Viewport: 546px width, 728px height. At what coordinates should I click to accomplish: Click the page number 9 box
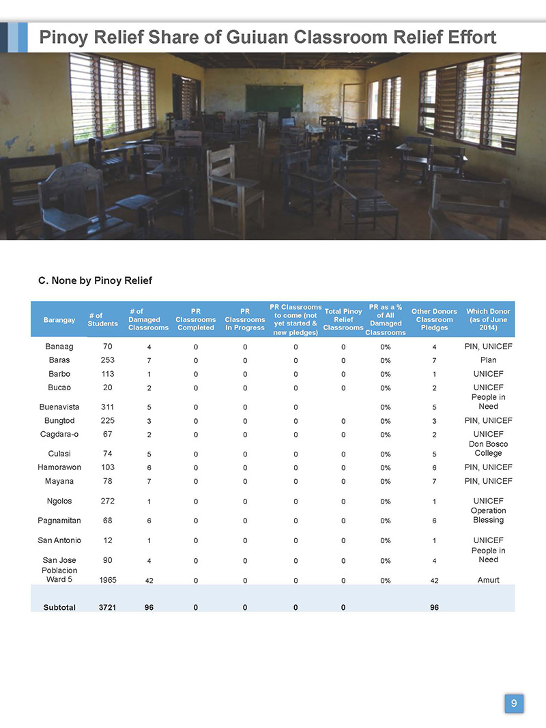click(514, 703)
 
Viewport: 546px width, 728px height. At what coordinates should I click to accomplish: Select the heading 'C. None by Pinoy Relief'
click(95, 280)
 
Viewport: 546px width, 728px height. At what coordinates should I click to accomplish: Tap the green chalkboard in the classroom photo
click(274, 98)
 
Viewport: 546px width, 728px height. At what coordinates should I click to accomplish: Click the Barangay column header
click(59, 319)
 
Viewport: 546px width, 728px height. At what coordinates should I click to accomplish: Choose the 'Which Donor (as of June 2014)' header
click(488, 319)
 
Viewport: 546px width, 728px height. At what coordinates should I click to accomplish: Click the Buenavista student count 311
click(106, 407)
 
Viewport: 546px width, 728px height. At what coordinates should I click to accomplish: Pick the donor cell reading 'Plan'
click(488, 360)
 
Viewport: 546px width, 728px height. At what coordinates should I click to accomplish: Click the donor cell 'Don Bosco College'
click(488, 449)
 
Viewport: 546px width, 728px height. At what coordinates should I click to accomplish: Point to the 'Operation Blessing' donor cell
click(488, 515)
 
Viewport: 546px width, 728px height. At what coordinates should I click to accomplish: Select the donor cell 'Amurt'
click(488, 580)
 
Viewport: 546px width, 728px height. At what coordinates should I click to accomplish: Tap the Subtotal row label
click(59, 607)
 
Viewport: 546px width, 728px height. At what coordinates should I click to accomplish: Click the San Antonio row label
click(59, 540)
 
